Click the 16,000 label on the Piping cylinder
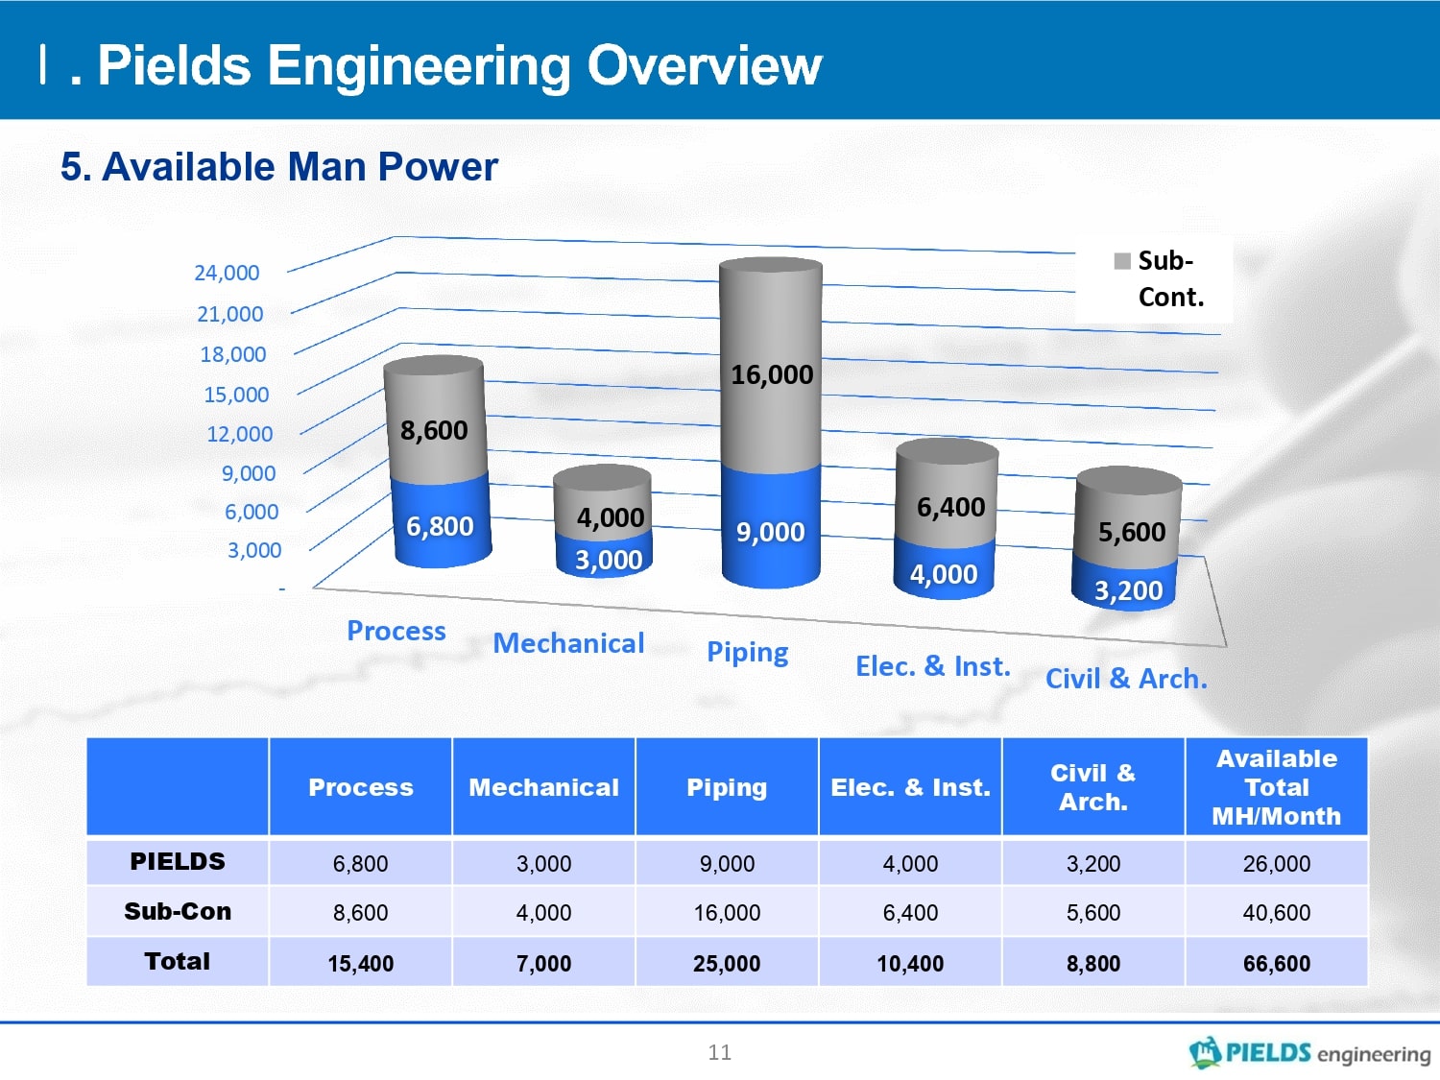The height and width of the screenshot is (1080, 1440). tap(772, 375)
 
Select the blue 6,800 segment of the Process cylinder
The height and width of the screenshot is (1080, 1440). tap(442, 521)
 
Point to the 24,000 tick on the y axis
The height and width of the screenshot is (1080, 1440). tap(227, 273)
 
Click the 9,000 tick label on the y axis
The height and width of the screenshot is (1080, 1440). tap(248, 472)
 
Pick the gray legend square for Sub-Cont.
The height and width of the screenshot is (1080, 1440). tap(1122, 261)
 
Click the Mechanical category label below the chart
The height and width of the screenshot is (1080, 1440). tap(568, 643)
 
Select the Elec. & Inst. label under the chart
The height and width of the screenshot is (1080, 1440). tap(932, 666)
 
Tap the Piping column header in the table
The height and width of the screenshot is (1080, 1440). tap(726, 787)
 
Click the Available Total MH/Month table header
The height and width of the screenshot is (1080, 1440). tap(1276, 787)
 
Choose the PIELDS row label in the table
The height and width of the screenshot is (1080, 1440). tap(178, 861)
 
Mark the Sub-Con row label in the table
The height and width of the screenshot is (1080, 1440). tap(178, 911)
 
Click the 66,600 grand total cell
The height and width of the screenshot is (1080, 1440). tap(1276, 963)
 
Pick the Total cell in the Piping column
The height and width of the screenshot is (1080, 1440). tap(726, 963)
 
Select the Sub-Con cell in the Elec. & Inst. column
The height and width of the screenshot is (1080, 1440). tap(910, 913)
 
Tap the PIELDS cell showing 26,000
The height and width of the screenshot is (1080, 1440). tap(1276, 864)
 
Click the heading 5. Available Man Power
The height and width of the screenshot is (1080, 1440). tap(278, 166)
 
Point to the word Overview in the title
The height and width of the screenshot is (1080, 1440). tap(704, 65)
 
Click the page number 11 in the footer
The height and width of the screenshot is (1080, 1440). tap(720, 1052)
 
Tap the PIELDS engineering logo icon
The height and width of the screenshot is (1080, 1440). tap(1205, 1052)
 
